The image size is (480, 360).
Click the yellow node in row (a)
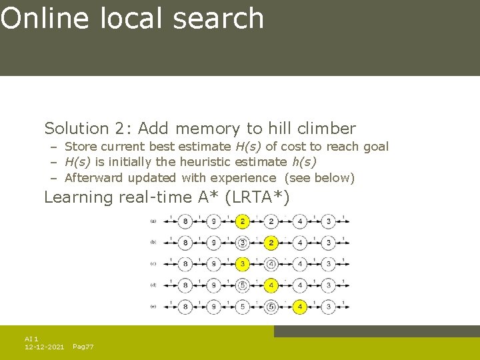pyautogui.click(x=243, y=221)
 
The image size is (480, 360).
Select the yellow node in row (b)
pyautogui.click(x=271, y=243)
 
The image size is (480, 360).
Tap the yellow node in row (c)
pyautogui.click(x=243, y=264)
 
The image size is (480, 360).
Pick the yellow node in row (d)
pyautogui.click(x=271, y=285)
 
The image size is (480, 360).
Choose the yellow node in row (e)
pyautogui.click(x=300, y=307)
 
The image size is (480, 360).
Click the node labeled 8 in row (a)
pyautogui.click(x=185, y=221)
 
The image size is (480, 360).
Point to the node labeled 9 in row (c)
pyautogui.click(x=214, y=264)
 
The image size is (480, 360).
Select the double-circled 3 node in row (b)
pyautogui.click(x=243, y=243)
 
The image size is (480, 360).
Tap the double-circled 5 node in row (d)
pyautogui.click(x=243, y=285)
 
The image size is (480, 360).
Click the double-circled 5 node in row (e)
pyautogui.click(x=271, y=307)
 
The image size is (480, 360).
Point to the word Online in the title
pyautogui.click(x=45, y=18)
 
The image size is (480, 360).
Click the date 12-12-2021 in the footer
pyautogui.click(x=44, y=347)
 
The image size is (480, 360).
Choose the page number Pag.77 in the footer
pyautogui.click(x=83, y=347)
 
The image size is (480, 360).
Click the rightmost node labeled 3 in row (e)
pyautogui.click(x=329, y=307)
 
